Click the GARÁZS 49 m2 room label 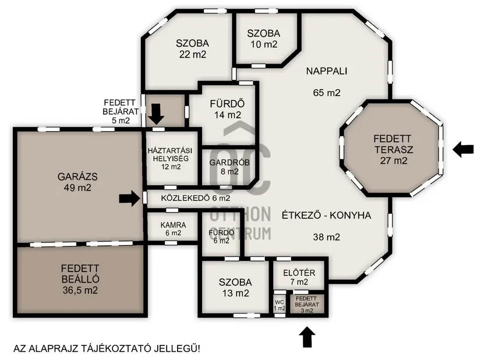(74, 182)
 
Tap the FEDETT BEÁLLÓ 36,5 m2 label (79, 279)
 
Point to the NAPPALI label (326, 72)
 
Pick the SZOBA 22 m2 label (192, 48)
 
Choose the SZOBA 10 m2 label (263, 38)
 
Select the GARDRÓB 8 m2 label (224, 166)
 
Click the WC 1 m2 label (280, 305)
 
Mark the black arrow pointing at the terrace (464, 149)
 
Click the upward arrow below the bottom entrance (307, 336)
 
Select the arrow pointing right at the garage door (129, 199)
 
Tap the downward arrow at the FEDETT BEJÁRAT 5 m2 (155, 113)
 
